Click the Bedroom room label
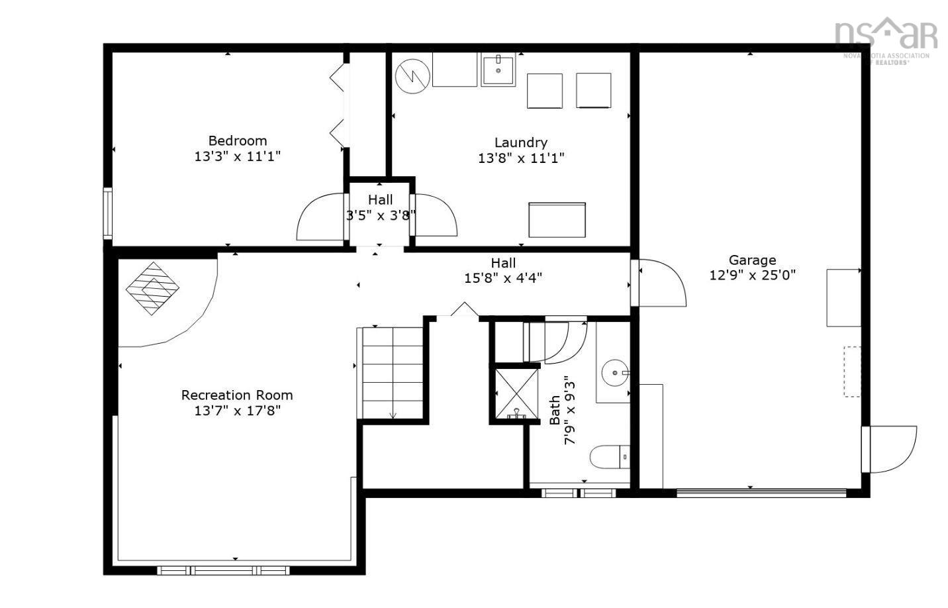click(x=238, y=140)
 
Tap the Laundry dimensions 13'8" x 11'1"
click(x=521, y=158)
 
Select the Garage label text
click(x=752, y=260)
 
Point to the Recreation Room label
click(x=237, y=395)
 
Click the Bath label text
click(x=555, y=410)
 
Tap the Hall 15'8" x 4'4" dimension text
click(x=503, y=278)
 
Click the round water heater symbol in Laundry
click(x=412, y=76)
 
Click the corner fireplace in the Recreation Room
click(x=153, y=288)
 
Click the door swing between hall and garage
click(x=661, y=283)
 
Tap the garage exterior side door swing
click(x=891, y=449)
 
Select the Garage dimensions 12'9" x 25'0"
click(x=752, y=275)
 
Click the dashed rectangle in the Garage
click(x=851, y=372)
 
